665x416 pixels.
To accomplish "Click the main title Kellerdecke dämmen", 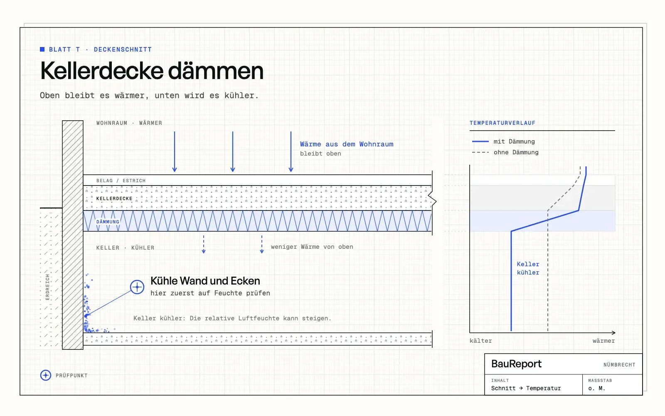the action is point(152,71).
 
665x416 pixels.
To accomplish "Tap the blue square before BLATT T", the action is point(42,50).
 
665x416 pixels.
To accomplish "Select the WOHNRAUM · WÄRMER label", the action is point(129,123).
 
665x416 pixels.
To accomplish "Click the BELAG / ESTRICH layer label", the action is point(121,181).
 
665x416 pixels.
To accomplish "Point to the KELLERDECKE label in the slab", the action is point(114,198).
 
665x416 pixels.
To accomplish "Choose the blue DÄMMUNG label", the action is point(108,222).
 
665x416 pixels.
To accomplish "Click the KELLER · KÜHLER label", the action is point(125,248).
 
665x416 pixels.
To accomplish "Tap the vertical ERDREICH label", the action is point(47,287).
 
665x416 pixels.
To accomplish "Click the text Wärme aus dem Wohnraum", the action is point(347,144).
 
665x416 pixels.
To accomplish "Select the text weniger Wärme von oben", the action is point(312,247).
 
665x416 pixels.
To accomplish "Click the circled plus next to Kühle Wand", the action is point(137,287).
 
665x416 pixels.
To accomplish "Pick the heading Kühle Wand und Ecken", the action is point(205,281).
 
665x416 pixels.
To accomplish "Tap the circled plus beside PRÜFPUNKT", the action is point(46,375).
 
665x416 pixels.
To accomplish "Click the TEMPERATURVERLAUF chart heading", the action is point(502,123).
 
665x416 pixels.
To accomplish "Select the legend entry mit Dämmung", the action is point(503,141).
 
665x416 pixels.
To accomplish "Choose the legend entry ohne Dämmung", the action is point(505,152).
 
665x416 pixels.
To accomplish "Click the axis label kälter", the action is point(480,341).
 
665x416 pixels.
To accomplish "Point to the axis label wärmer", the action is point(603,341).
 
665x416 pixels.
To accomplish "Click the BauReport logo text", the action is point(516,364).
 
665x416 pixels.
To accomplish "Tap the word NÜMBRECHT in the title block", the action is point(619,364).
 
